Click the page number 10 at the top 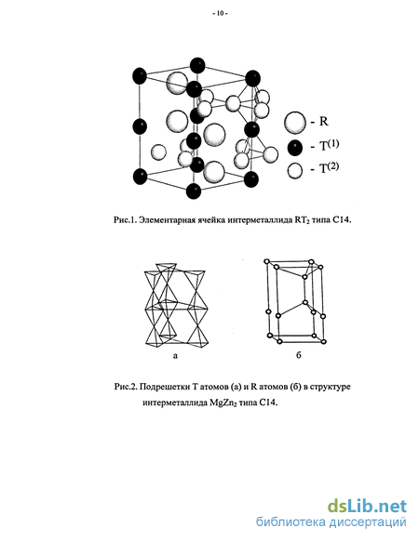220,14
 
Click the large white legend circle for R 295,123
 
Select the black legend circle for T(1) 295,148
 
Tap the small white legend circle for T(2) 295,170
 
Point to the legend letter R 324,122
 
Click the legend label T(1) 329,145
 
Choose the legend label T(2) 329,167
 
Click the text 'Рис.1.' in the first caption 125,219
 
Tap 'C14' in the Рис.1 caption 343,219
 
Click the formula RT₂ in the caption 303,220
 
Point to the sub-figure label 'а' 175,355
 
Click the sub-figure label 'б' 299,355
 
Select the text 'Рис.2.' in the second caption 126,387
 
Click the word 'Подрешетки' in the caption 164,387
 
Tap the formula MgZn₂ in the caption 223,403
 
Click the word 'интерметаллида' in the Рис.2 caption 175,403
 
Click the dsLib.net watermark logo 367,507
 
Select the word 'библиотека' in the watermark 291,522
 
